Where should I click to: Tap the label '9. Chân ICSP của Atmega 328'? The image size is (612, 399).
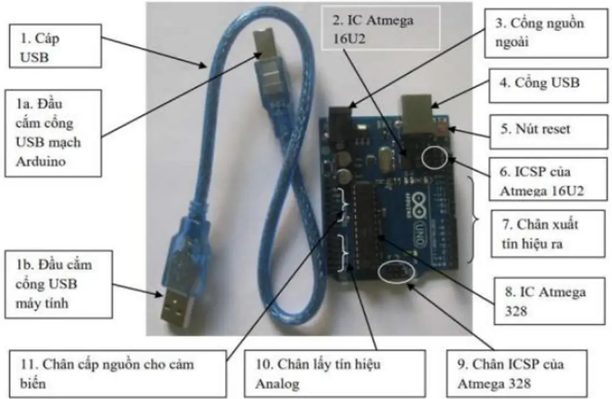coord(514,372)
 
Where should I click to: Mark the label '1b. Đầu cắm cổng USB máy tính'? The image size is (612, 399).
coord(54,284)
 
